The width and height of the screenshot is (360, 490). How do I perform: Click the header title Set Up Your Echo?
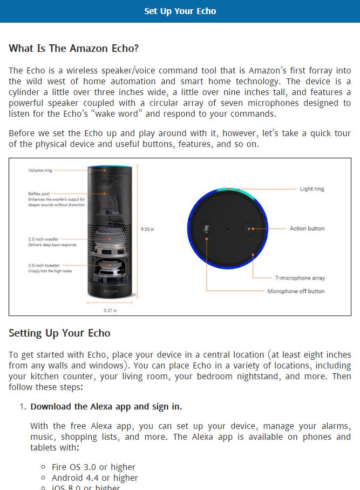[180, 11]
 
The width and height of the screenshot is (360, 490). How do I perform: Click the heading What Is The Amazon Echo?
[74, 49]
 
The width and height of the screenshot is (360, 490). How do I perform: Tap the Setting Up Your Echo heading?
[59, 333]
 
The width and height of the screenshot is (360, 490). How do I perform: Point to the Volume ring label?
[40, 171]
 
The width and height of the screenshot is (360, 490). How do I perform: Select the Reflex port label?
[39, 193]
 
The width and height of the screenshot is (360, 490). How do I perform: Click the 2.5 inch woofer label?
[44, 239]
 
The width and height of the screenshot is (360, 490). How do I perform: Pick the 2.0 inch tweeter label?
[44, 265]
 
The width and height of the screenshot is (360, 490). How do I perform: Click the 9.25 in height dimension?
[147, 229]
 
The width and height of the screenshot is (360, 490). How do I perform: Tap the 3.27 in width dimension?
[110, 311]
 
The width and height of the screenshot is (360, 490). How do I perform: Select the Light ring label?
[312, 189]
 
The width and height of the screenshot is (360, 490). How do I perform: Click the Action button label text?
[307, 229]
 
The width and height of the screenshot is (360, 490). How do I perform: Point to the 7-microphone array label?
[300, 278]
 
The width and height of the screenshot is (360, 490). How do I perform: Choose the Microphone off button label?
[296, 291]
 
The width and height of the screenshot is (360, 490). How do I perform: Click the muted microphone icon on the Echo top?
[206, 229]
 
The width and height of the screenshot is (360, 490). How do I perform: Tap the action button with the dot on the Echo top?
[249, 229]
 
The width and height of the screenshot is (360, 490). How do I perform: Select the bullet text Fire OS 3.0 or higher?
[93, 467]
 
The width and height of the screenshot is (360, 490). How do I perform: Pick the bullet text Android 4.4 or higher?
[94, 478]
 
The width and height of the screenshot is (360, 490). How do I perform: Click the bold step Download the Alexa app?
[106, 406]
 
